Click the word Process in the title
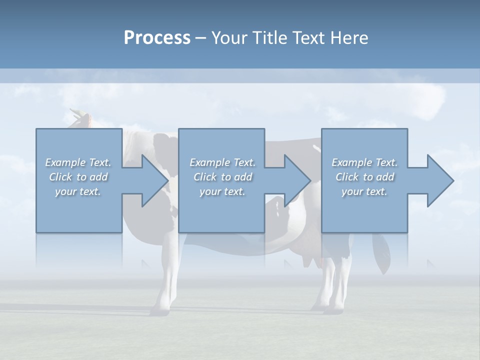(157, 38)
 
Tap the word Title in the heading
(269, 38)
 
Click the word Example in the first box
(65, 162)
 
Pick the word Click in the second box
(205, 177)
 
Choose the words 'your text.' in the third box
(364, 191)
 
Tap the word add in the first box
(98, 177)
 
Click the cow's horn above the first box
(76, 113)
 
